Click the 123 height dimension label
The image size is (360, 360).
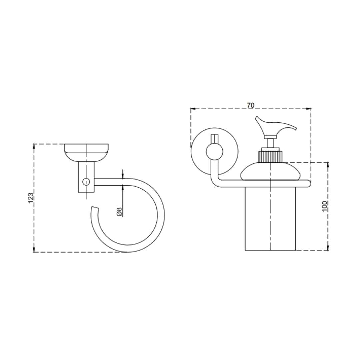coord(31,198)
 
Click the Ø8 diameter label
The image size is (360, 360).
coord(119,212)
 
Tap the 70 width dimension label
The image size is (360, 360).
coord(251,105)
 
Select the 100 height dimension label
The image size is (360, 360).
coord(325,206)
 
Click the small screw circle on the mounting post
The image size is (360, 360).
coord(86,182)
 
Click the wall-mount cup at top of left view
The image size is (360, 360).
coord(86,152)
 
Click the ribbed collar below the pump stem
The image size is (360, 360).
coord(270,156)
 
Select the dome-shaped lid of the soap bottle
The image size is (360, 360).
coord(270,170)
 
